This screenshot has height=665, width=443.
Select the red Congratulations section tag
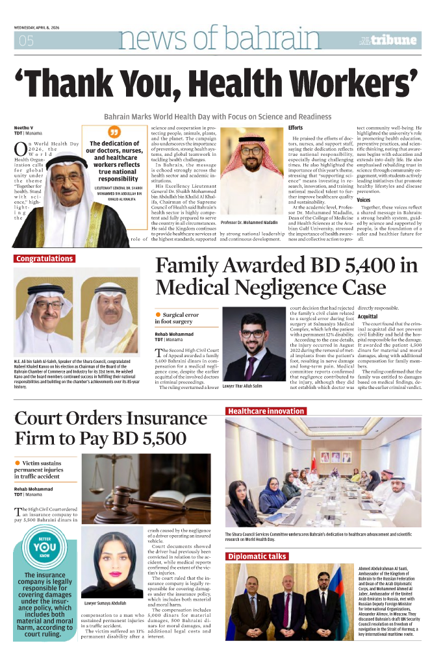(45, 258)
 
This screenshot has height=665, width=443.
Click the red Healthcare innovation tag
(266, 411)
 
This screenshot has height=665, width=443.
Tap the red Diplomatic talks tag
(257, 557)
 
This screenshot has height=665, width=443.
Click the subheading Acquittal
(368, 316)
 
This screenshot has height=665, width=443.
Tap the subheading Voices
(364, 201)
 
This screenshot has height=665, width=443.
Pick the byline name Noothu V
(23, 129)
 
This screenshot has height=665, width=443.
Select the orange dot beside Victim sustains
(18, 462)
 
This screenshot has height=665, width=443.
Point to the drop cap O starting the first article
(21, 149)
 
